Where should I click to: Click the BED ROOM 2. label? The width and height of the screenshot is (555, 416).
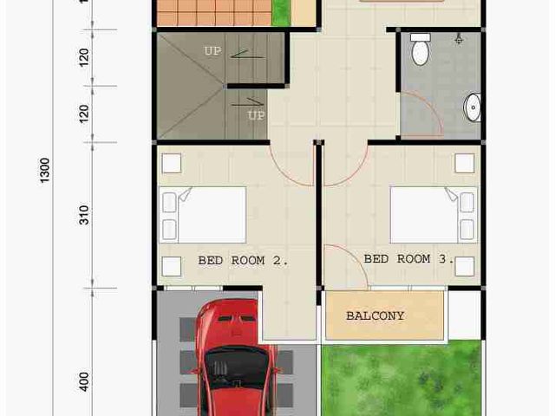pyautogui.click(x=243, y=261)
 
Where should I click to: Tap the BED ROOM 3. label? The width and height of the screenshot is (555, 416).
pyautogui.click(x=408, y=259)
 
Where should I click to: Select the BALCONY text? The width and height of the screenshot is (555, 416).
pyautogui.click(x=375, y=315)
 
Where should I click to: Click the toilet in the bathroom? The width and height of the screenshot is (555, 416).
pyautogui.click(x=421, y=49)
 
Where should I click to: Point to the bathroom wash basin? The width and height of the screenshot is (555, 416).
pyautogui.click(x=472, y=107)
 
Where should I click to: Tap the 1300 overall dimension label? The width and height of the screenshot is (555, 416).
pyautogui.click(x=44, y=171)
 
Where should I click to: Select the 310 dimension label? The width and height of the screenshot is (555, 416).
pyautogui.click(x=84, y=215)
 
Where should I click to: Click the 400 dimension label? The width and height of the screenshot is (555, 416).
pyautogui.click(x=84, y=381)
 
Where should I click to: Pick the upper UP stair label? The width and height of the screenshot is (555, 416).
pyautogui.click(x=212, y=51)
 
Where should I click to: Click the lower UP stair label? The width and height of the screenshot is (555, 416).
pyautogui.click(x=257, y=115)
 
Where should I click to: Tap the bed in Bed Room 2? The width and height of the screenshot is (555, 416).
pyautogui.click(x=202, y=215)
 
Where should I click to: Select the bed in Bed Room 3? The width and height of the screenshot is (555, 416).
pyautogui.click(x=434, y=215)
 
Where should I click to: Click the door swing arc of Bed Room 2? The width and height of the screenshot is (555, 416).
pyautogui.click(x=284, y=174)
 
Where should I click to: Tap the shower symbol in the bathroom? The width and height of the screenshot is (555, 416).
pyautogui.click(x=459, y=40)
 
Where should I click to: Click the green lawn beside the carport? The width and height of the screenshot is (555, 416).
pyautogui.click(x=402, y=378)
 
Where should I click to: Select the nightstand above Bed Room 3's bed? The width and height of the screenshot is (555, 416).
pyautogui.click(x=465, y=164)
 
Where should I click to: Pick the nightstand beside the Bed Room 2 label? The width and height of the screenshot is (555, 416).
pyautogui.click(x=172, y=266)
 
